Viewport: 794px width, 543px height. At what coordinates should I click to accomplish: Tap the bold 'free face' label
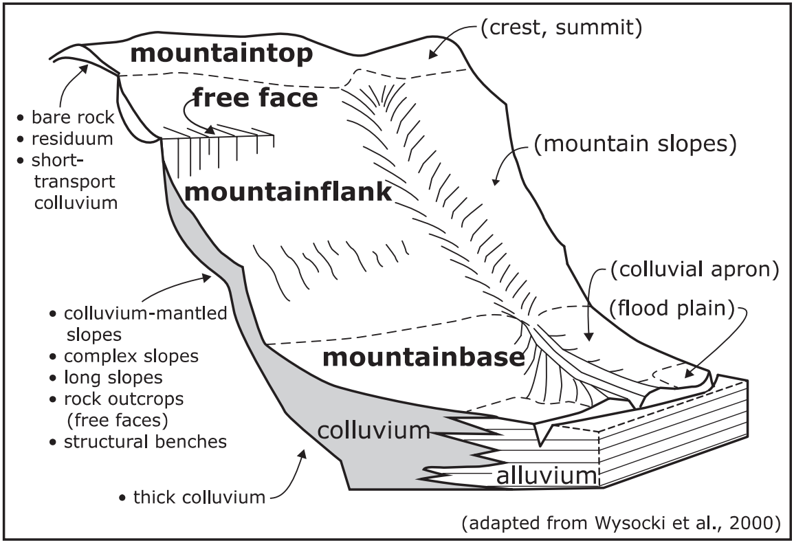click(254, 98)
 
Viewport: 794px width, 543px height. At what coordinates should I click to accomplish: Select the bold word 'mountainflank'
click(289, 192)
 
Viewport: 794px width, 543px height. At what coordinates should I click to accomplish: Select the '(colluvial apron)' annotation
click(694, 269)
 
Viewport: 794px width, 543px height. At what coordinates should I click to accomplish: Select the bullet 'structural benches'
click(145, 441)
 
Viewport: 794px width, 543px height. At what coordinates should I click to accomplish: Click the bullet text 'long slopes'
click(113, 377)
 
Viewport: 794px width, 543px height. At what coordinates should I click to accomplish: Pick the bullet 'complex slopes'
click(131, 356)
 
